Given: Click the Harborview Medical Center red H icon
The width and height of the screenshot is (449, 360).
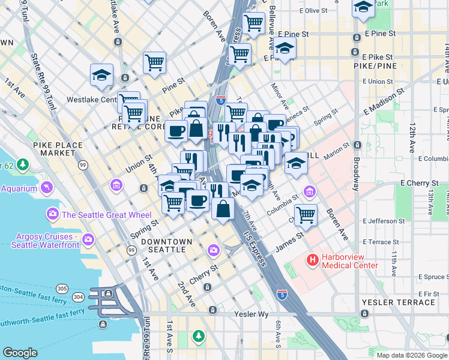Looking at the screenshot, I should click(x=312, y=260).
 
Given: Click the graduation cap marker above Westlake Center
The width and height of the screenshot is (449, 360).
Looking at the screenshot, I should click(x=102, y=74).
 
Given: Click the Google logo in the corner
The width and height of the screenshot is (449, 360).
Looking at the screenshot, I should click(x=20, y=353).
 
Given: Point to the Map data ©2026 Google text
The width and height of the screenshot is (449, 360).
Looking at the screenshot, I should click(x=411, y=355).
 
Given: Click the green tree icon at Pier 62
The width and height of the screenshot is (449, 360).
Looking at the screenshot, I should click(x=23, y=164).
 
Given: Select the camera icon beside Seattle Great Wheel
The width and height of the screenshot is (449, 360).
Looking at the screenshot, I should click(x=52, y=214).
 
